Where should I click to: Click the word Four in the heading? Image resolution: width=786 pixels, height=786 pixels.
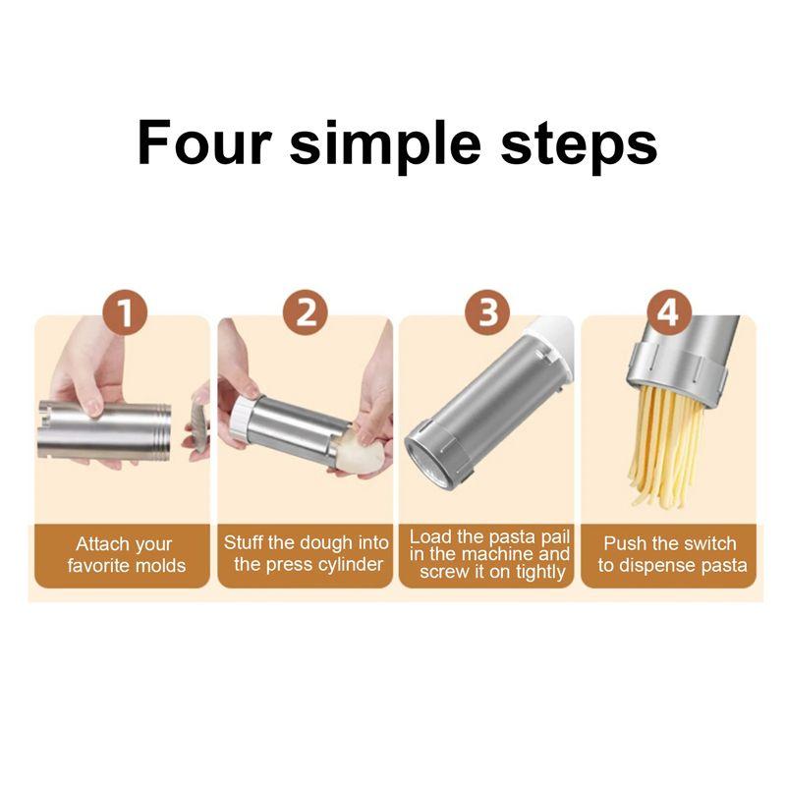(x=204, y=142)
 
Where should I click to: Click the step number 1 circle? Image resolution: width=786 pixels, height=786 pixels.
(x=125, y=313)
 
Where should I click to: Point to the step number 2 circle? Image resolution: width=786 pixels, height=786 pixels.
(x=306, y=313)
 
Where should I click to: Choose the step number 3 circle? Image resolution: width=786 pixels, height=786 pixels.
(x=487, y=313)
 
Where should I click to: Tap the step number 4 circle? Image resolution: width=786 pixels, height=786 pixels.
(x=669, y=313)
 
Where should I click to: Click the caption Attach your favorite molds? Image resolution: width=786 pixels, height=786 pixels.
(x=126, y=554)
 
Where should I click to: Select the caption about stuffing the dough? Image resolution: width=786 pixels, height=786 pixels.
(x=307, y=553)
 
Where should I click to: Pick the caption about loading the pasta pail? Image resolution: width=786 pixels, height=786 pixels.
(x=489, y=554)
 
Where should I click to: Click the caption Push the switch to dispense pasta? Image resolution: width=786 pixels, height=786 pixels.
(x=672, y=554)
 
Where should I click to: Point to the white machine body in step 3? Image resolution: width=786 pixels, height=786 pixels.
(x=551, y=346)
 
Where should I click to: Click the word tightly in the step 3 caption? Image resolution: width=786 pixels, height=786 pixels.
(x=540, y=572)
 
